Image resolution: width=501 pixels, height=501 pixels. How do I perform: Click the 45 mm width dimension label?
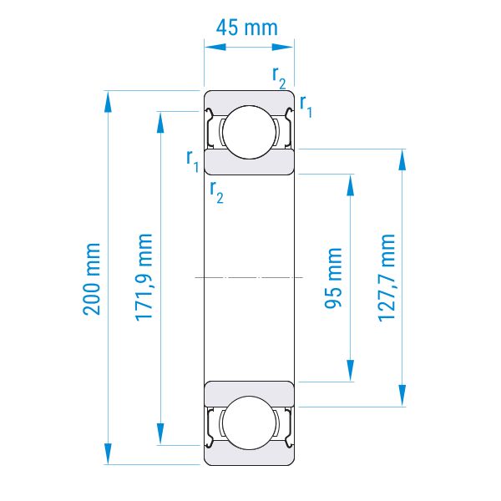(246, 28)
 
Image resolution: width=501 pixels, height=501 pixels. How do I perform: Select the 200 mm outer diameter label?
(92, 279)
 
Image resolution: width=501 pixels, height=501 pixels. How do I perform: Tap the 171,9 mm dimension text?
(144, 277)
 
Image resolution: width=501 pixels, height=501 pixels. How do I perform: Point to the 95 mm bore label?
(333, 278)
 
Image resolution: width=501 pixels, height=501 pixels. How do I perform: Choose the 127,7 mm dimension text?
(387, 277)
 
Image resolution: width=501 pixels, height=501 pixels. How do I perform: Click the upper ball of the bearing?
(249, 132)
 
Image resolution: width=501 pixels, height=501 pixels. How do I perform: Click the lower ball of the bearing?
(249, 423)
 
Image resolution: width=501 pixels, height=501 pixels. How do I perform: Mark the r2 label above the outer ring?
(279, 78)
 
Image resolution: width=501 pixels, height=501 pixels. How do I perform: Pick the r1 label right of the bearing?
(306, 106)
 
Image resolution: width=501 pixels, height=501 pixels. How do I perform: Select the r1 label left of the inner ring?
(192, 160)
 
